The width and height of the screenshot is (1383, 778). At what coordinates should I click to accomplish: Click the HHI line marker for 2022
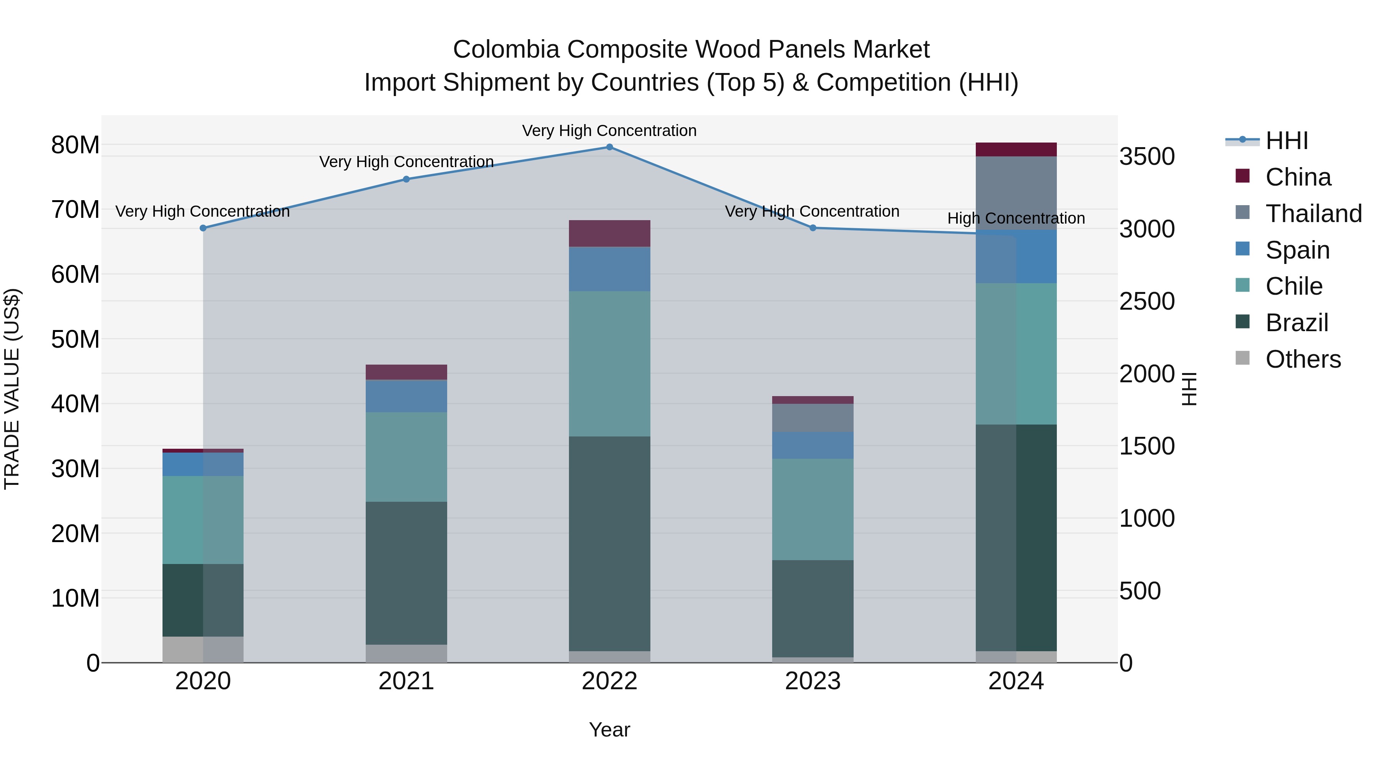[609, 147]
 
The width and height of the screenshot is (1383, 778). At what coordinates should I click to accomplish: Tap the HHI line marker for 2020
[203, 228]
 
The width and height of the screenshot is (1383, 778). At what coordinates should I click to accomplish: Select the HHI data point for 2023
[812, 228]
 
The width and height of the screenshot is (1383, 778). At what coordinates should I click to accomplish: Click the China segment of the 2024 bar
[1016, 150]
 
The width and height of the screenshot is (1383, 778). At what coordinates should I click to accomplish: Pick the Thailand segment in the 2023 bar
[812, 418]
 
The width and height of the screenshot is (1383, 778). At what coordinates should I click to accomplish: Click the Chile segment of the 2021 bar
[406, 457]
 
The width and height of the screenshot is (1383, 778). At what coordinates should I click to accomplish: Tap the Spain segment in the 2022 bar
[609, 269]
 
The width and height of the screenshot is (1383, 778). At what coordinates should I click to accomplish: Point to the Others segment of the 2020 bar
[203, 649]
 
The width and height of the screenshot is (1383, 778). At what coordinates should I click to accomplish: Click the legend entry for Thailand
[1313, 214]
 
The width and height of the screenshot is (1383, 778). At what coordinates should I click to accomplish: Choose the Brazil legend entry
[1296, 323]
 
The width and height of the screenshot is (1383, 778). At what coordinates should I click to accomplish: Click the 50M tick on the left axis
[75, 339]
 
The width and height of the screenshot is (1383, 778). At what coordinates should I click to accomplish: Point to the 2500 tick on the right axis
[1147, 302]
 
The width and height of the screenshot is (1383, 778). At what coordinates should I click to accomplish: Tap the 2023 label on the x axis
[812, 681]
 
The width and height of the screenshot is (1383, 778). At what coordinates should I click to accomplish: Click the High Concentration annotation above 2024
[1016, 219]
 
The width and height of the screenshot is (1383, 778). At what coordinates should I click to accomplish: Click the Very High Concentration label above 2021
[406, 162]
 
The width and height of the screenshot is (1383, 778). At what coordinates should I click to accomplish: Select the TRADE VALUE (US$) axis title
[12, 389]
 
